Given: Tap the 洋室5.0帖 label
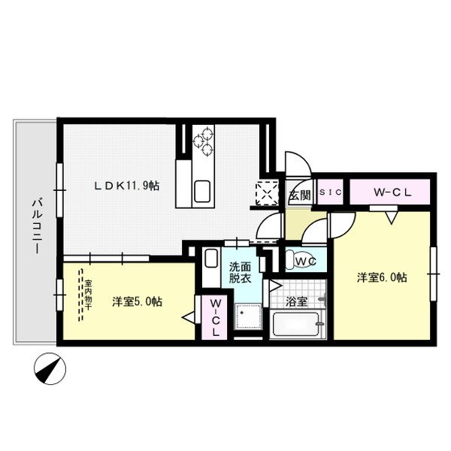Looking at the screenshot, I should [137, 301].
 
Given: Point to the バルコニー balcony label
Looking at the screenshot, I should [35, 225].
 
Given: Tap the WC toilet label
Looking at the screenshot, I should [304, 261].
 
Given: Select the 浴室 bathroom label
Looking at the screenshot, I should [297, 302].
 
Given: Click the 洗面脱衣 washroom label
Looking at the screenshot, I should [241, 271].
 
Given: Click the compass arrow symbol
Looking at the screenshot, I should [50, 368].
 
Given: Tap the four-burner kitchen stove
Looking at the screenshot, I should [204, 141].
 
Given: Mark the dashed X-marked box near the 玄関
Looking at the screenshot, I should [267, 193].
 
